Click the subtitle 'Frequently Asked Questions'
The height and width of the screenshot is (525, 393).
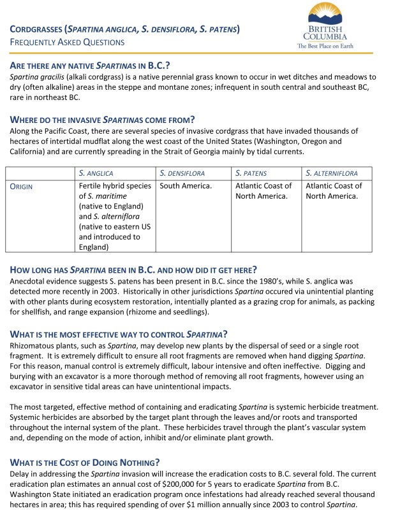click(67, 42)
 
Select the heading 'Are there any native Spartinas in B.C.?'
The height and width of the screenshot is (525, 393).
click(90, 66)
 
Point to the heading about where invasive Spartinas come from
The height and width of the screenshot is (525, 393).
click(102, 119)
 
